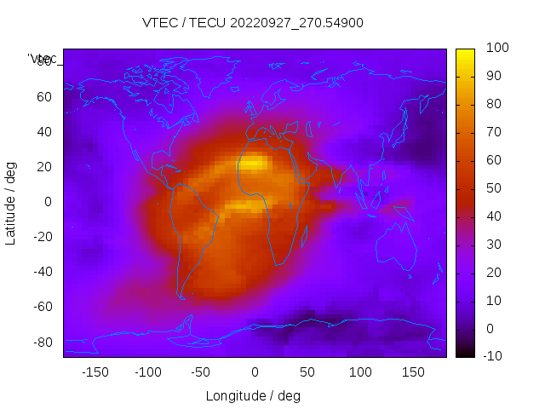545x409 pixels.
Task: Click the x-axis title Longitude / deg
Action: pyautogui.click(x=253, y=395)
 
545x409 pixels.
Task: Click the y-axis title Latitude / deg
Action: pyautogui.click(x=11, y=202)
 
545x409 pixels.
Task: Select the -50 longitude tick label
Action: pyautogui.click(x=201, y=372)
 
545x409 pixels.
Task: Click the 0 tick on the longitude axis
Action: pyautogui.click(x=254, y=372)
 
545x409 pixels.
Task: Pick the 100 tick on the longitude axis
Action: pyautogui.click(x=360, y=372)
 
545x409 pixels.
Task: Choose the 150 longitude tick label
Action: pyautogui.click(x=413, y=372)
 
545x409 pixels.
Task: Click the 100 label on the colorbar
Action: pyautogui.click(x=496, y=49)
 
